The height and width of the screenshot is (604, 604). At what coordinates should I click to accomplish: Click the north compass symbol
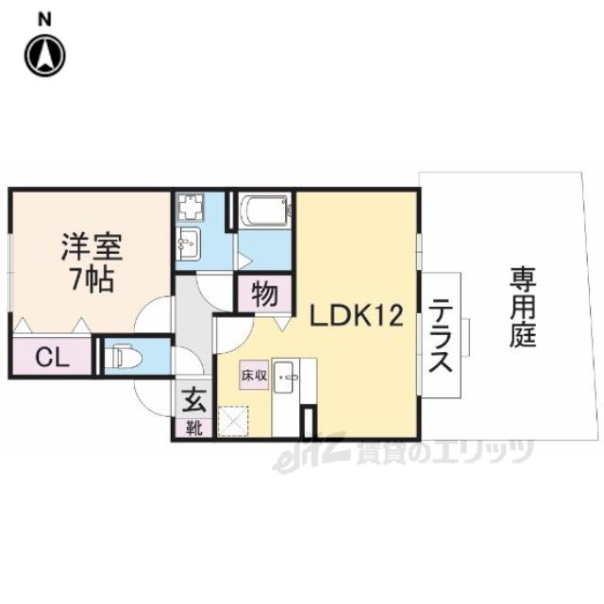(x=45, y=55)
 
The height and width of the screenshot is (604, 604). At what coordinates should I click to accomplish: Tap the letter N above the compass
(x=44, y=19)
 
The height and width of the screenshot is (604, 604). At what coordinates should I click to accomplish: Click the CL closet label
(x=52, y=359)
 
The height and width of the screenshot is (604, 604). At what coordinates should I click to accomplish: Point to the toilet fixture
(x=126, y=357)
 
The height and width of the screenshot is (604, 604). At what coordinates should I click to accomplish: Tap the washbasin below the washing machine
(x=188, y=243)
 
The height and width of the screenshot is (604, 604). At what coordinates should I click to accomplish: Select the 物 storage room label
(x=264, y=294)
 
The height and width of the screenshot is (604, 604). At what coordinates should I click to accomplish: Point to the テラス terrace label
(x=440, y=335)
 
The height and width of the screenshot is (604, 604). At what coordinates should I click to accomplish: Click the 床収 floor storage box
(x=254, y=375)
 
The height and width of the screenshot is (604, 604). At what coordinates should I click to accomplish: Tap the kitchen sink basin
(x=286, y=377)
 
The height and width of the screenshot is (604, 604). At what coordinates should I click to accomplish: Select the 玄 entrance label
(x=193, y=399)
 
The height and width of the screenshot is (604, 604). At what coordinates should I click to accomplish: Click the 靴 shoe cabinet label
(x=193, y=428)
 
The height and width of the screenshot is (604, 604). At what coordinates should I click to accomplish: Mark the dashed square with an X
(x=233, y=422)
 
